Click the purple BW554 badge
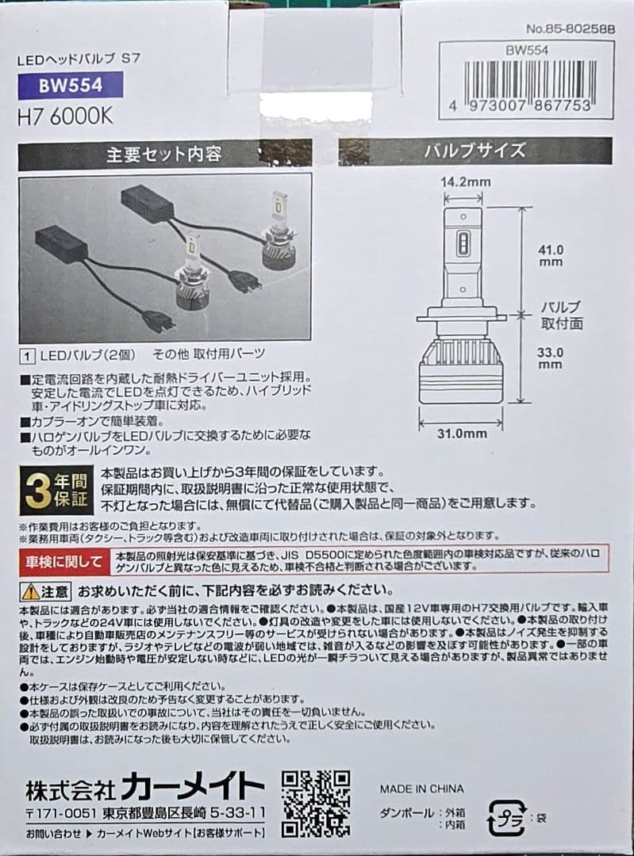point(71,86)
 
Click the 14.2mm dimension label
point(465,182)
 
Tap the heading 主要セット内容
point(164,154)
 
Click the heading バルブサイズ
point(475,151)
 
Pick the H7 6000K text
point(65,116)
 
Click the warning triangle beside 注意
point(29,591)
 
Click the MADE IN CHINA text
point(421,789)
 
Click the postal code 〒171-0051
point(60,814)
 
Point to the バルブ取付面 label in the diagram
point(560,314)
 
